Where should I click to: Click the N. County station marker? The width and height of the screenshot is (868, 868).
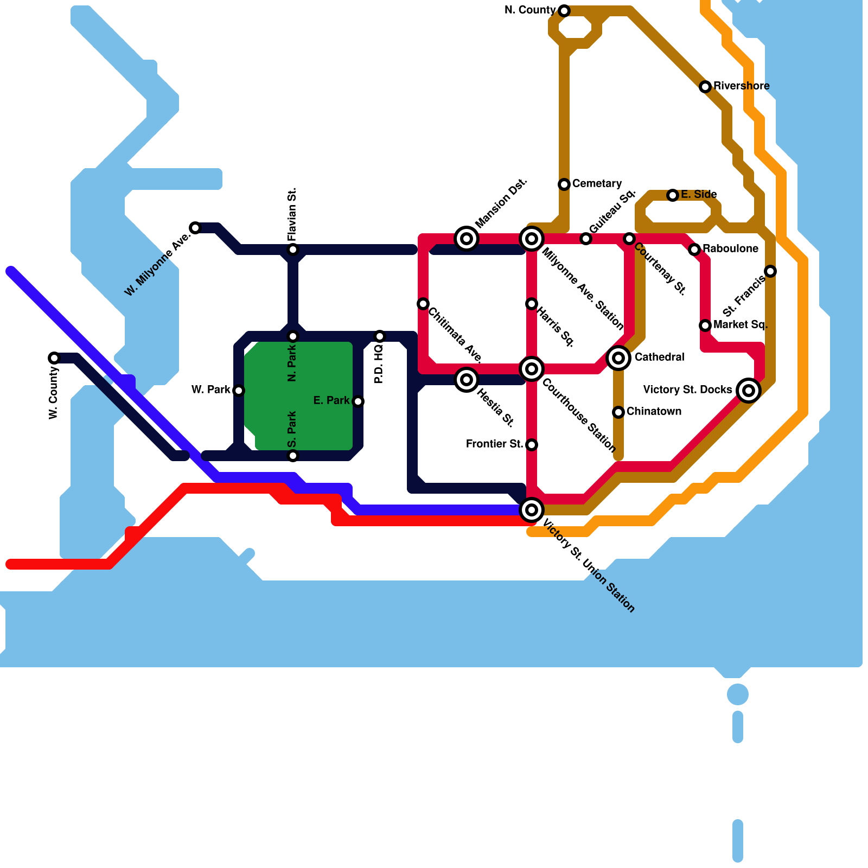(564, 11)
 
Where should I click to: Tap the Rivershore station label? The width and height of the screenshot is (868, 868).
(741, 86)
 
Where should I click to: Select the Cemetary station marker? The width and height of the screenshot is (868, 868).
(564, 184)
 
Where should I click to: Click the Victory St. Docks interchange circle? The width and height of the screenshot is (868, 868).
(749, 390)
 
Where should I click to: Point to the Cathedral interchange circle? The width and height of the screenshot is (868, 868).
(618, 358)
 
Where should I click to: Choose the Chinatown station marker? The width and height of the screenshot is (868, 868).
(618, 412)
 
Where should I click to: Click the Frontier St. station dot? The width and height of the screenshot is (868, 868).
(532, 445)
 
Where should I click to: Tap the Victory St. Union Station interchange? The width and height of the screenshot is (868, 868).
(532, 510)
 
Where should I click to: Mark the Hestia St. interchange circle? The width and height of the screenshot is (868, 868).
(467, 380)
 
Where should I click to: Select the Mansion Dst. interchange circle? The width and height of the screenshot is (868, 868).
(467, 239)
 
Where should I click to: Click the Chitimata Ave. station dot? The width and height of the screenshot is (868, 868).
(423, 304)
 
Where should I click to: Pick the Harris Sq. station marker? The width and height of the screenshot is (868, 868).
(532, 304)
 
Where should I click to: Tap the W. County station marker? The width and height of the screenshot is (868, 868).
(54, 358)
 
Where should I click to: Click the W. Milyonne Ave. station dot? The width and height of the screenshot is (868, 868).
(195, 228)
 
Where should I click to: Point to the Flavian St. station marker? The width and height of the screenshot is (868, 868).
(293, 250)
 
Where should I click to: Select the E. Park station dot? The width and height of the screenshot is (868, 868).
(358, 401)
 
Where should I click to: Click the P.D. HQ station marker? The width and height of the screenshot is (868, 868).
(380, 336)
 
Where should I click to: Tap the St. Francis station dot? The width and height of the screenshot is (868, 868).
(770, 271)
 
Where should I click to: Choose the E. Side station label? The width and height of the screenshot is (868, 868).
(699, 195)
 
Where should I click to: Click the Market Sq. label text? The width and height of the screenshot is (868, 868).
(741, 325)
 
